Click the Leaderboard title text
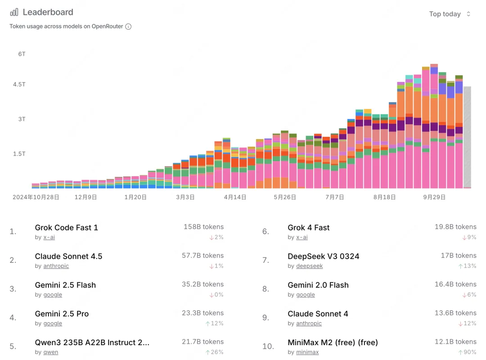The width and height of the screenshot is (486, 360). pyautogui.click(x=48, y=12)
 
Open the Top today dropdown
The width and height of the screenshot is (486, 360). pyautogui.click(x=450, y=14)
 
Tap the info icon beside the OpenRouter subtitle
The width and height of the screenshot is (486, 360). pyautogui.click(x=128, y=27)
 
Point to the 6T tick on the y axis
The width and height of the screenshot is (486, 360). pyautogui.click(x=22, y=54)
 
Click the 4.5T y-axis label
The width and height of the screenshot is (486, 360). pyautogui.click(x=19, y=84)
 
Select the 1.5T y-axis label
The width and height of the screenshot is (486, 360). pyautogui.click(x=19, y=153)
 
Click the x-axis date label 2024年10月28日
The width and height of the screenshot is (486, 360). pyautogui.click(x=36, y=197)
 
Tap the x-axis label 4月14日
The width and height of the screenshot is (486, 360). pyautogui.click(x=235, y=197)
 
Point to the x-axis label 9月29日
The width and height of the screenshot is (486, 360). pyautogui.click(x=434, y=197)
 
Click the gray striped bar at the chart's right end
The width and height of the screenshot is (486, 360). pyautogui.click(x=467, y=137)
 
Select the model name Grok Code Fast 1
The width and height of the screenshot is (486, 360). pyautogui.click(x=67, y=228)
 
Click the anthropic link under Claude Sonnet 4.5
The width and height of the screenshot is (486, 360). pyautogui.click(x=56, y=266)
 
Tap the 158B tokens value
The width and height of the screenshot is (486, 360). pyautogui.click(x=203, y=227)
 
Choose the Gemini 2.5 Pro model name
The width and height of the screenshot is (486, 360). pyautogui.click(x=62, y=314)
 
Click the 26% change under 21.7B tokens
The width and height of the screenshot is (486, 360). pyautogui.click(x=215, y=352)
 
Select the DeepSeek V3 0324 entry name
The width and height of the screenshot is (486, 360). pyautogui.click(x=324, y=256)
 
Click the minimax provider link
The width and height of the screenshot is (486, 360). pyautogui.click(x=307, y=352)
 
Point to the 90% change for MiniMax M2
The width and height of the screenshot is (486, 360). pyautogui.click(x=467, y=352)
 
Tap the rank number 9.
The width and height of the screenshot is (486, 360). pyautogui.click(x=265, y=318)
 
